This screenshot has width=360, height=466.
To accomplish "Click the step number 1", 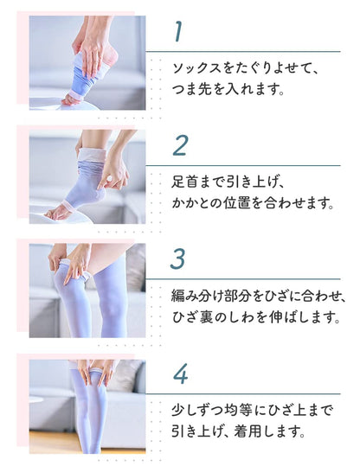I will point(177,32).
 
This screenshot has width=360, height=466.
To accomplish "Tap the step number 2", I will point(179,144).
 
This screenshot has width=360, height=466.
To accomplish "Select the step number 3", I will point(179,259).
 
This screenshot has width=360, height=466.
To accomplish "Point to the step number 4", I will point(180,373).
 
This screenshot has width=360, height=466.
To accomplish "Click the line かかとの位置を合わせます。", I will point(252,204).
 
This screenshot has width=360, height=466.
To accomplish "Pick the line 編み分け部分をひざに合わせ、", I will point(258,296).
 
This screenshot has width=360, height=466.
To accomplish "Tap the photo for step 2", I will point(87,176).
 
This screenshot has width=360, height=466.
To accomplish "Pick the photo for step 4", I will point(87,405).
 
